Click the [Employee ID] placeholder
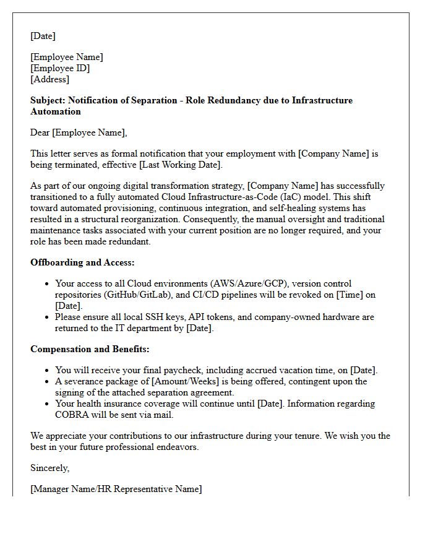[x=60, y=68]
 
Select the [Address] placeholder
[x=49, y=79]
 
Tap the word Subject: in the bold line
[x=48, y=100]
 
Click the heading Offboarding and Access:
[x=82, y=262]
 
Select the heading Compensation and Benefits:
[x=90, y=349]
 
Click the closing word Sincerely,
[x=50, y=468]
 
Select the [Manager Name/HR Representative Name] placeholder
[x=116, y=489]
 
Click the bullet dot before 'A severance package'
[x=48, y=382]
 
